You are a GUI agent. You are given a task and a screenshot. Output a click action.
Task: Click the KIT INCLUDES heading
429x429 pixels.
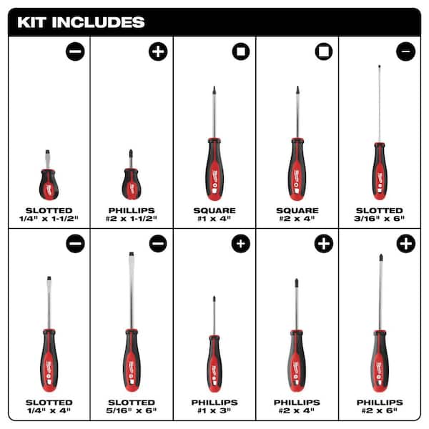(81, 21)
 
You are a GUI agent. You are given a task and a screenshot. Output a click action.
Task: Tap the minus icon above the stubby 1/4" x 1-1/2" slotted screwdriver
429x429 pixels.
(75, 52)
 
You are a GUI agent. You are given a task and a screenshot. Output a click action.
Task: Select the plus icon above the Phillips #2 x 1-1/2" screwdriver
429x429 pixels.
(157, 52)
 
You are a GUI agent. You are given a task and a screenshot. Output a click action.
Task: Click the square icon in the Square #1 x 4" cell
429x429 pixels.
(241, 52)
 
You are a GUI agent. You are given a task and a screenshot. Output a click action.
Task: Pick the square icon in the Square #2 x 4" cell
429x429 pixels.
(324, 52)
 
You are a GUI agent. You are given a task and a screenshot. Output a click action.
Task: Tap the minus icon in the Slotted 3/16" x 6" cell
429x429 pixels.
(405, 52)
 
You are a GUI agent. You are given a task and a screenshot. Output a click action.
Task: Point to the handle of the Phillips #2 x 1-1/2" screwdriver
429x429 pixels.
(131, 184)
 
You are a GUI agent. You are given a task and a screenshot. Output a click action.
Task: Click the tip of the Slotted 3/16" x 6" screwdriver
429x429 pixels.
(379, 66)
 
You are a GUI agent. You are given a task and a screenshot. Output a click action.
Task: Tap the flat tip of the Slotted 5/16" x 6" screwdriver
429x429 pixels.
(131, 255)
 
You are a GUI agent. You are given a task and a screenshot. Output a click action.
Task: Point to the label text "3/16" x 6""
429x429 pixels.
(380, 220)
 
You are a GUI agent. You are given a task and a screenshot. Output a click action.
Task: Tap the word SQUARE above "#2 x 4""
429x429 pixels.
(297, 210)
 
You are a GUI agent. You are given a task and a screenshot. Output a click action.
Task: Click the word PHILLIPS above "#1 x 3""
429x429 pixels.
(214, 403)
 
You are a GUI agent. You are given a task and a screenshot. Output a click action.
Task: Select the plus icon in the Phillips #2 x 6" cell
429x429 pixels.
(405, 244)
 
